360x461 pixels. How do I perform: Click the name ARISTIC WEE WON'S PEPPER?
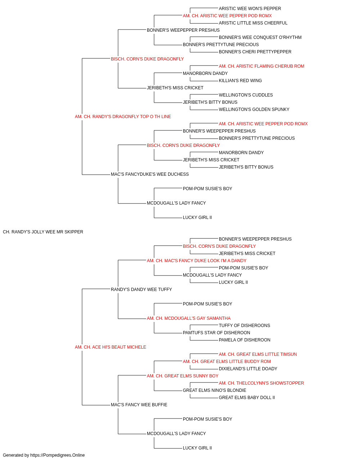[x=250, y=9]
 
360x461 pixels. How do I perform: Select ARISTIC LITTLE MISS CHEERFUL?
[x=253, y=23]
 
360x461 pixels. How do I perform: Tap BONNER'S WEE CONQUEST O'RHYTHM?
[x=260, y=37]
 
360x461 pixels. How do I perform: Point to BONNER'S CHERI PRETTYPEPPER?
[x=255, y=52]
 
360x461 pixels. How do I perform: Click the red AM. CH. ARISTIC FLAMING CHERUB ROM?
[x=261, y=66]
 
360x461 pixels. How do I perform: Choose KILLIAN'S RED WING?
[x=240, y=81]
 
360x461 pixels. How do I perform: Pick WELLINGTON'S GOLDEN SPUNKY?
[x=254, y=109]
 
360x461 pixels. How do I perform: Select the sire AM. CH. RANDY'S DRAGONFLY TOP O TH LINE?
[x=123, y=117]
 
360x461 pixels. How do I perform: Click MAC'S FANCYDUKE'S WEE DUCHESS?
[x=150, y=174]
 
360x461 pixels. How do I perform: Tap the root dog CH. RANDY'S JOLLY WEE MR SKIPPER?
[x=43, y=232]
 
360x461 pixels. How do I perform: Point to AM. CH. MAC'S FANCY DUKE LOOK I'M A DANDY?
[x=196, y=261]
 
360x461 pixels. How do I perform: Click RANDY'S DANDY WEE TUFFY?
[x=141, y=290]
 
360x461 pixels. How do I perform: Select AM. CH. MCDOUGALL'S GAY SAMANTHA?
[x=189, y=318]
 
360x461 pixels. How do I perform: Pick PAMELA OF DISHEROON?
[x=244, y=340]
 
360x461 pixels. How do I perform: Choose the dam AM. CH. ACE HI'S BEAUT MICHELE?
[x=110, y=347]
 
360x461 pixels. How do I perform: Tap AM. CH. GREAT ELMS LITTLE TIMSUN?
[x=258, y=354]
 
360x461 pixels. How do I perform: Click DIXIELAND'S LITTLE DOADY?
[x=248, y=369]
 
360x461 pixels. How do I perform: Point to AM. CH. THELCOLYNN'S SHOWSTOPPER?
[x=261, y=383]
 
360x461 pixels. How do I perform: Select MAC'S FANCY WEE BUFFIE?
[x=139, y=405]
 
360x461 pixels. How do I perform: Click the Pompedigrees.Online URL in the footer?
[x=57, y=455]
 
